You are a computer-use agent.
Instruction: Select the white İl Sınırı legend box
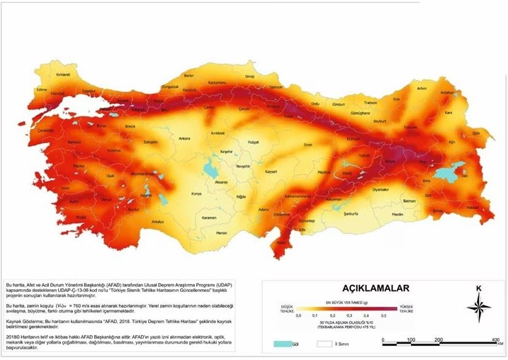pyautogui.click(x=324, y=344)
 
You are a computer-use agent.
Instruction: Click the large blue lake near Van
pyautogui.click(x=448, y=174)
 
